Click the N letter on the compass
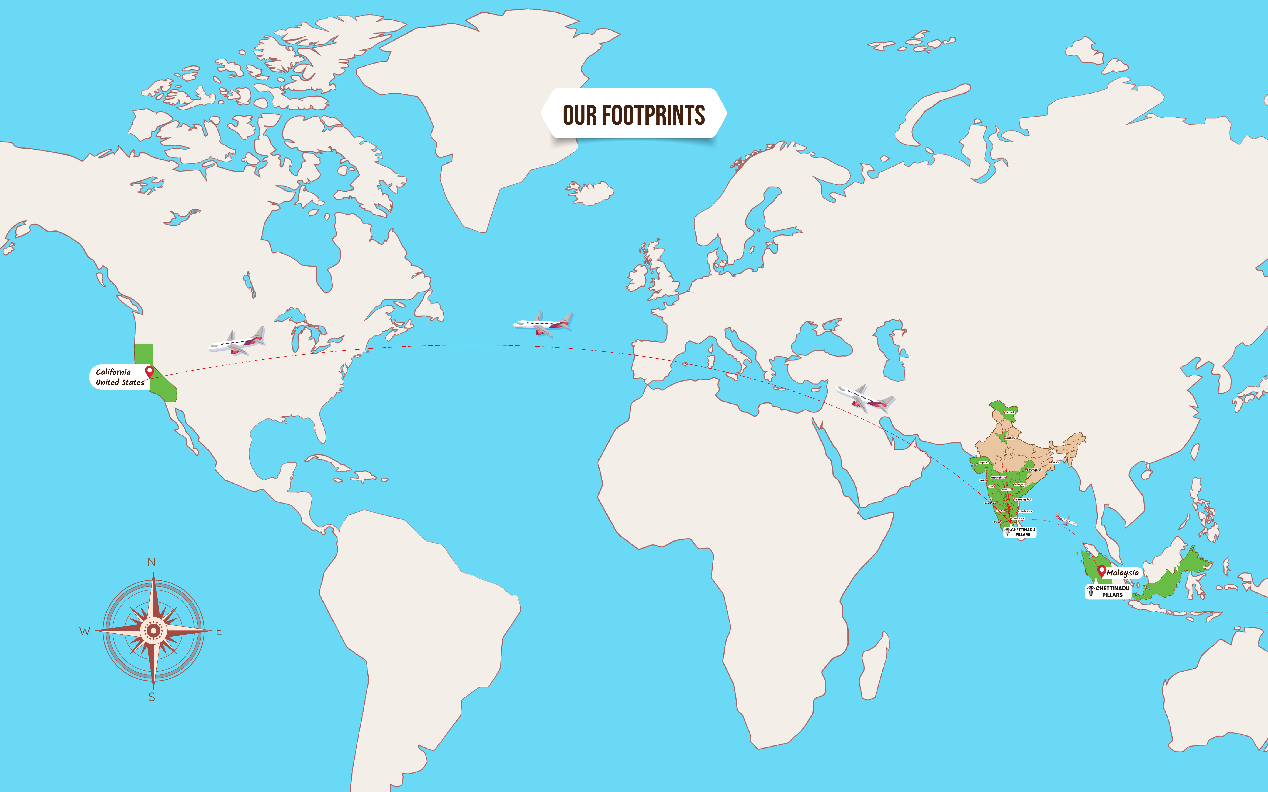pyautogui.click(x=151, y=562)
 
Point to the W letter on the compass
pyautogui.click(x=84, y=631)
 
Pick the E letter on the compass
pyautogui.click(x=219, y=631)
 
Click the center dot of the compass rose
pyautogui.click(x=153, y=631)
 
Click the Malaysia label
pyautogui.click(x=1122, y=572)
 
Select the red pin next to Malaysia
pyautogui.click(x=1102, y=571)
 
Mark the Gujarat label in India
pyautogui.click(x=984, y=462)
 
